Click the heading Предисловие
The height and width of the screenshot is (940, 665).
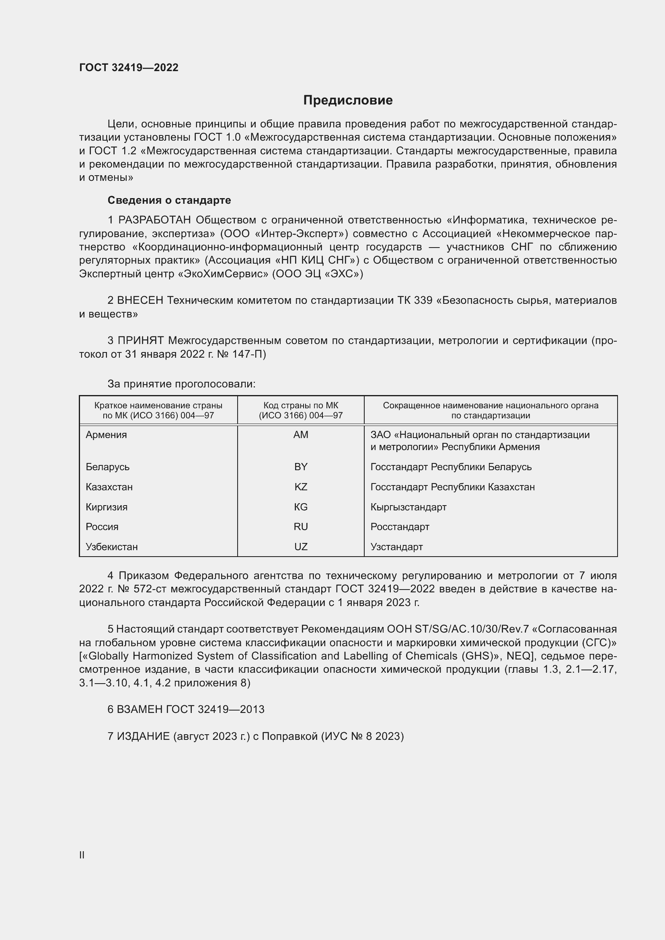pos(348,100)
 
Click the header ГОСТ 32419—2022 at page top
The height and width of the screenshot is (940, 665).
pos(129,68)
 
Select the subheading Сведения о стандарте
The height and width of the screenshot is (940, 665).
pos(169,200)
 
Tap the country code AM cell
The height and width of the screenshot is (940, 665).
pos(301,435)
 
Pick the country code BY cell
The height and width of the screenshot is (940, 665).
pos(301,467)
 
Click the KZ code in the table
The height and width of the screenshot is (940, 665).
pos(301,487)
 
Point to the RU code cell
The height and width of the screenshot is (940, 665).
pos(301,526)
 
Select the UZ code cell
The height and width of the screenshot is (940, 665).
pos(301,547)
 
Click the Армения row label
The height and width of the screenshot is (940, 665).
pos(106,435)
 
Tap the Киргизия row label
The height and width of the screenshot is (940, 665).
pos(107,507)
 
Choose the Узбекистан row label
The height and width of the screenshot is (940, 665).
pos(111,547)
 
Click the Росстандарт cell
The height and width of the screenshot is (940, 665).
pos(400,526)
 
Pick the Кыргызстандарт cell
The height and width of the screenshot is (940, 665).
pos(408,507)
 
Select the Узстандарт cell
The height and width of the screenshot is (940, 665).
pos(396,547)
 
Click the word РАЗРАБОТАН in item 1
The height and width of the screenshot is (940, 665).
pos(154,220)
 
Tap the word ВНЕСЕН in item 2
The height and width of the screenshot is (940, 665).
pos(140,301)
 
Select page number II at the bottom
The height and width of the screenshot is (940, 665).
pos(82,855)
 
